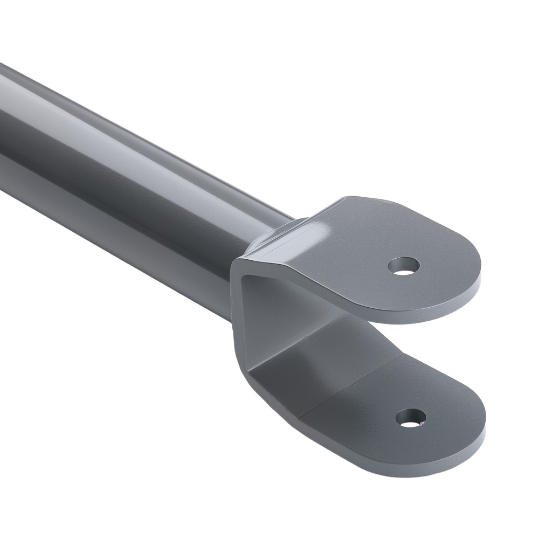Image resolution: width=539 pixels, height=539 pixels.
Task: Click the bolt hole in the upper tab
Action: [404, 266]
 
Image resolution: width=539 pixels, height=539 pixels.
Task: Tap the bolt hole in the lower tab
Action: [411, 418]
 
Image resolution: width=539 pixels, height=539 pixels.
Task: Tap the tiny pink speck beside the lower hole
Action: [421, 424]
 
